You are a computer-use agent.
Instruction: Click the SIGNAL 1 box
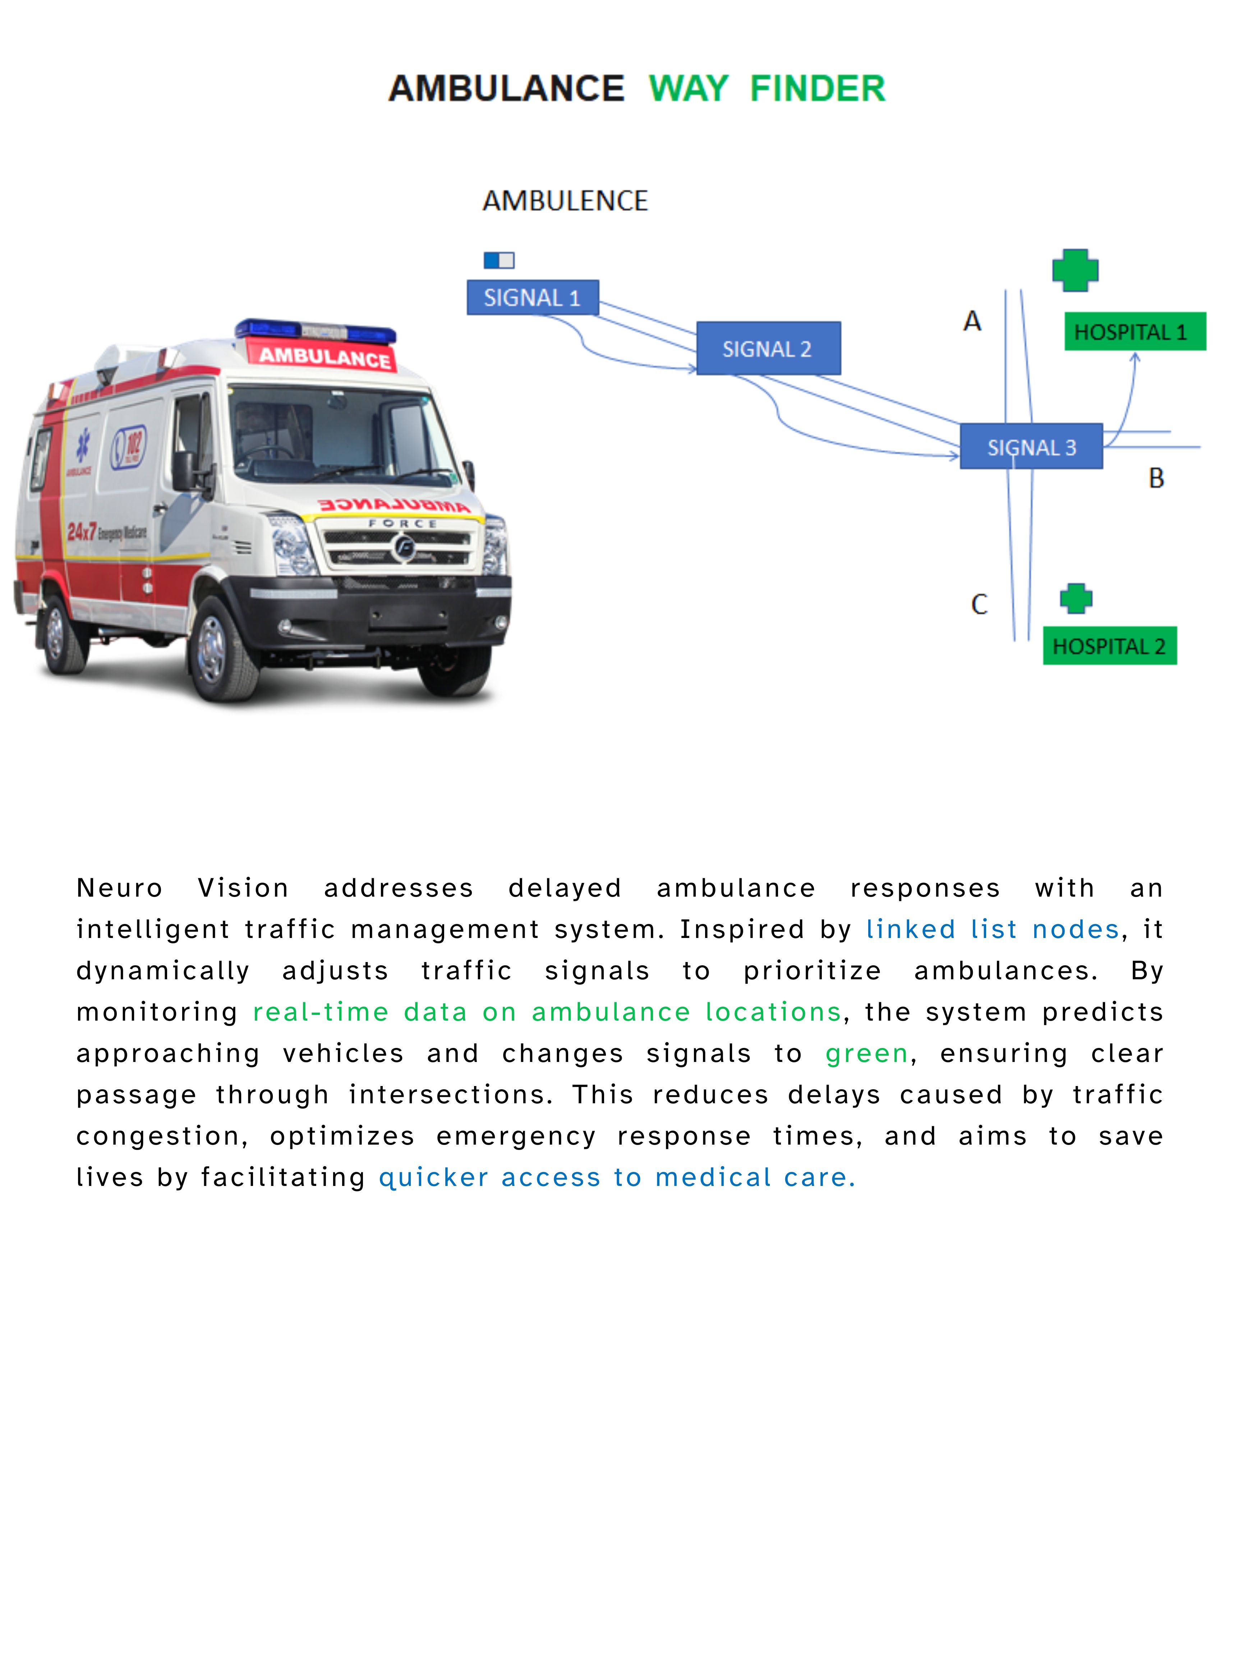(x=532, y=297)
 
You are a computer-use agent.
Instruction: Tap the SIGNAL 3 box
(x=1031, y=447)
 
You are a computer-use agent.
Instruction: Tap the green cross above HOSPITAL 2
(x=1076, y=598)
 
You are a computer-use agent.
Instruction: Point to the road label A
(x=972, y=321)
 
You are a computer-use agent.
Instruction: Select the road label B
(x=1156, y=478)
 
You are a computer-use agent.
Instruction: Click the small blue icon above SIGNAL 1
(x=498, y=260)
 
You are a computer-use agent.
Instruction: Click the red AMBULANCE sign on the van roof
(x=323, y=355)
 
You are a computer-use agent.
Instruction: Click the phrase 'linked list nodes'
(x=992, y=929)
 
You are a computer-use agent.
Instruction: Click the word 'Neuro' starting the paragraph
(x=120, y=888)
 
